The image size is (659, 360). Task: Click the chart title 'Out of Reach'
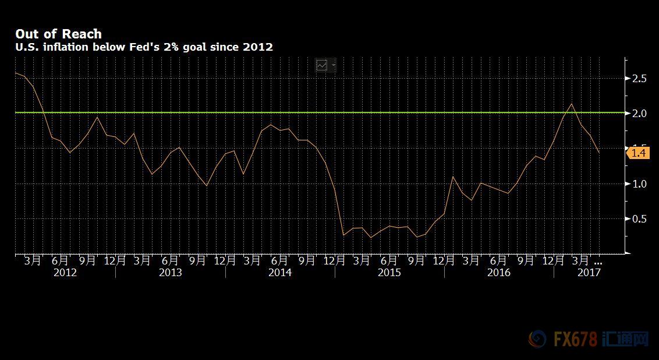[x=58, y=34]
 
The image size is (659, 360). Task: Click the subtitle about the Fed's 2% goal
[x=144, y=47]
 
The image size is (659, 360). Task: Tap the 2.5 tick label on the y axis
[x=639, y=78]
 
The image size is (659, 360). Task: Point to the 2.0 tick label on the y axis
[x=639, y=113]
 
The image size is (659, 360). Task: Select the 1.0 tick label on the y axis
[x=639, y=183]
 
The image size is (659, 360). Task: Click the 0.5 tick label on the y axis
[x=639, y=219]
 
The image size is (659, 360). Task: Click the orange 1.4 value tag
[x=638, y=153]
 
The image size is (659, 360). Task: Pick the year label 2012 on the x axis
[x=65, y=272]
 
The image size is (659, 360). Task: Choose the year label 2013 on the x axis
[x=170, y=272]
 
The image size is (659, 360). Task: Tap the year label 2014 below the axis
[x=279, y=272]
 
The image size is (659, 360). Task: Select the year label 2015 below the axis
[x=389, y=272]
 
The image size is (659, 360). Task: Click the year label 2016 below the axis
[x=498, y=272]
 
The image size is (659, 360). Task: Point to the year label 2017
[x=589, y=272]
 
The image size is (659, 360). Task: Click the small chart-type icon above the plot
[x=322, y=65]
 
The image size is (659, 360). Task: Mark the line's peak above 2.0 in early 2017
[x=572, y=104]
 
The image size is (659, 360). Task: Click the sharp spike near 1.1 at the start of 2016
[x=453, y=177]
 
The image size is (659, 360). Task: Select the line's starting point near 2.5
[x=15, y=73]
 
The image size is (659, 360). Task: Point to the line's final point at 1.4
[x=599, y=153]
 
